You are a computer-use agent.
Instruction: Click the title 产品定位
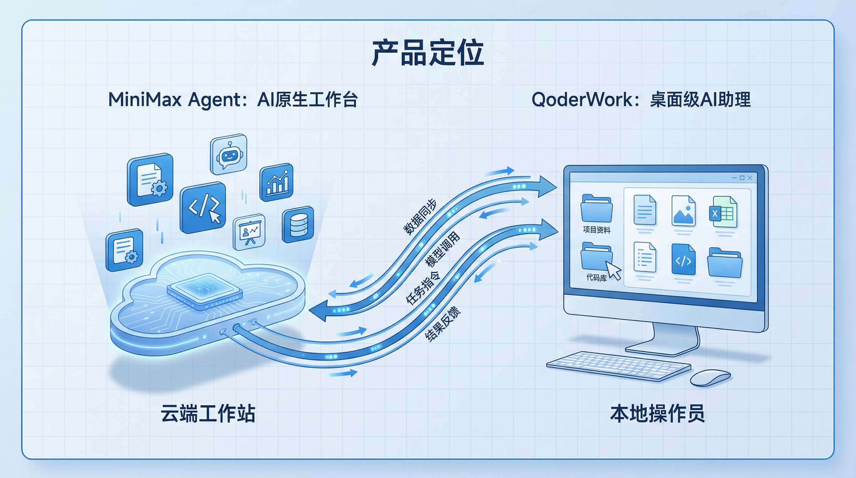pos(428,53)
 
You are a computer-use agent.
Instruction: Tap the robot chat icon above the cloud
pos(229,154)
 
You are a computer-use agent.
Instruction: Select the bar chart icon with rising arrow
pos(277,182)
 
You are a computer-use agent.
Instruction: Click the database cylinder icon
pos(298,225)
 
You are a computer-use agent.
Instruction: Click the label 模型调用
pos(443,249)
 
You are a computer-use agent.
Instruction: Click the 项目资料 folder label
pos(597,230)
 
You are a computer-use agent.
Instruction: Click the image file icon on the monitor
pos(683,212)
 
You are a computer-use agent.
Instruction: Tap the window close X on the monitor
pos(750,178)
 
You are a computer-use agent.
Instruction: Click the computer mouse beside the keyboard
pos(710,377)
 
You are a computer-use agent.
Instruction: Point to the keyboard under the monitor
pos(618,366)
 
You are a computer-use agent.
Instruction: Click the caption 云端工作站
pos(208,414)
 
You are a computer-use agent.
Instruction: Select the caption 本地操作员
pos(657,414)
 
